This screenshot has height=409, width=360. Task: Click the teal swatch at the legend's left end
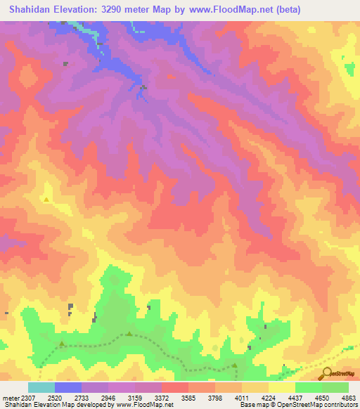41,387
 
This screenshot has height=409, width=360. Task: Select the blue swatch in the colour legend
68,387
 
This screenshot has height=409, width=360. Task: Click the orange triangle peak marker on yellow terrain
46,200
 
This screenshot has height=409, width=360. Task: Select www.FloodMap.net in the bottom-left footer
149,405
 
